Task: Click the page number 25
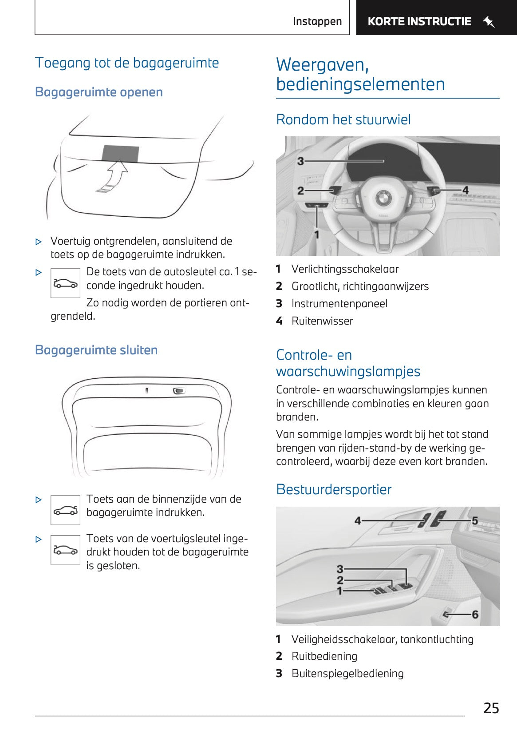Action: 491,708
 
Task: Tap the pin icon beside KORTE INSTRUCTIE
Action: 489,21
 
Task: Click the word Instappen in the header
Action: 317,21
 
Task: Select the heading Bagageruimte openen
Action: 99,92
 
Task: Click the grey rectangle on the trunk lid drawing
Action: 120,153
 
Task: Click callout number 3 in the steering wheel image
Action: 300,161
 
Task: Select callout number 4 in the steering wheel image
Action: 465,190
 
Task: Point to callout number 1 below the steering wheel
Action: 316,234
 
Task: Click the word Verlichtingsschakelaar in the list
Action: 345,269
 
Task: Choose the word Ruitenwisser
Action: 322,321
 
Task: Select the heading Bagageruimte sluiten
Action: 96,350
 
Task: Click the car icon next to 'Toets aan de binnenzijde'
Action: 65,510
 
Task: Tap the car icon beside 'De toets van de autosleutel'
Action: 65,283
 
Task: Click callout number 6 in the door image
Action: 475,615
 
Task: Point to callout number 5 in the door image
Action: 474,520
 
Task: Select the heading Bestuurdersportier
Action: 334,489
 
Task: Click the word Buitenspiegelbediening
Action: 347,674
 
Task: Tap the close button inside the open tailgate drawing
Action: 179,391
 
